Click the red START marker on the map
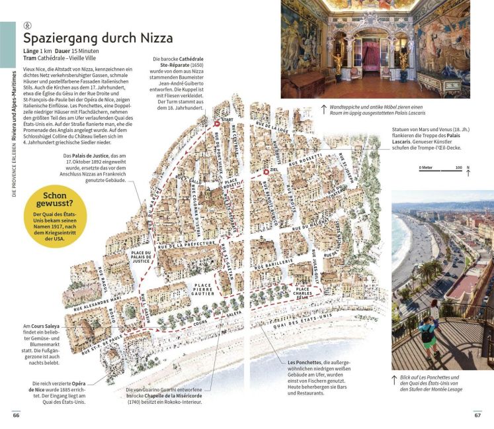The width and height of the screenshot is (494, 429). (x=216, y=124)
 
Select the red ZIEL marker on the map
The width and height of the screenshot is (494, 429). (x=266, y=171)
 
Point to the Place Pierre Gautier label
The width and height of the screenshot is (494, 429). (x=202, y=289)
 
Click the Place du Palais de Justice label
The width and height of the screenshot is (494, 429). (x=142, y=257)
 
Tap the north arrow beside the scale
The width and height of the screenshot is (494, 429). (x=468, y=170)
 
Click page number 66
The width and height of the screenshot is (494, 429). (x=16, y=415)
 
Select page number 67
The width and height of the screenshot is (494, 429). (x=477, y=415)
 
